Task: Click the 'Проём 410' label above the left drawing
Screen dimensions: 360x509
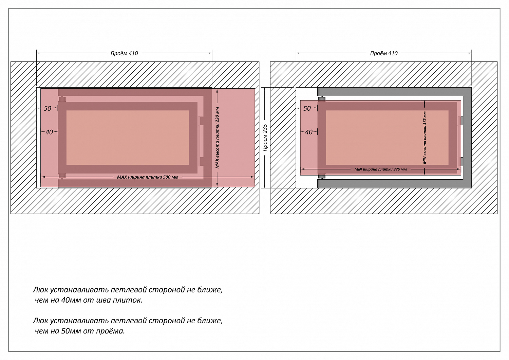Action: pyautogui.click(x=124, y=53)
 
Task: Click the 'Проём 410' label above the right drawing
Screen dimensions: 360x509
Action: pyautogui.click(x=384, y=53)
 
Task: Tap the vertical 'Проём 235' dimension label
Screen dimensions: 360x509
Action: pyautogui.click(x=265, y=138)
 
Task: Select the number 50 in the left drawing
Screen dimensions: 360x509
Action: pyautogui.click(x=48, y=108)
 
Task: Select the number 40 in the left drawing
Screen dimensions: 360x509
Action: pyautogui.click(x=49, y=132)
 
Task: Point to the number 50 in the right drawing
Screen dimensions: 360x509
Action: pyautogui.click(x=307, y=108)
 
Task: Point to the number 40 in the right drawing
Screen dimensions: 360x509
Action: pyautogui.click(x=308, y=132)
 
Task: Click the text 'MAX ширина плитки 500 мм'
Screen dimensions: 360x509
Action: pyautogui.click(x=148, y=177)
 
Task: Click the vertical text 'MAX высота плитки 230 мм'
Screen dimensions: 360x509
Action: pyautogui.click(x=217, y=138)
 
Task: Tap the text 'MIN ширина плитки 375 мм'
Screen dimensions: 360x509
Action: pyautogui.click(x=380, y=169)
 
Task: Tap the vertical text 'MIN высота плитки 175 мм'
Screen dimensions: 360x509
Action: pyautogui.click(x=425, y=138)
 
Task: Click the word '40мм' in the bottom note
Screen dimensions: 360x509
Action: pyautogui.click(x=70, y=300)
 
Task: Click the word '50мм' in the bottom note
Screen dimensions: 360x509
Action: pyautogui.click(x=70, y=331)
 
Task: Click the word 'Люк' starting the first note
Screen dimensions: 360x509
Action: pyautogui.click(x=40, y=290)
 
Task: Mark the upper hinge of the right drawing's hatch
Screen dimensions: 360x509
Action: pyautogui.click(x=322, y=99)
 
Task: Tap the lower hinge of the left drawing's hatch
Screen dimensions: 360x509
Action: pyautogui.click(x=62, y=176)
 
